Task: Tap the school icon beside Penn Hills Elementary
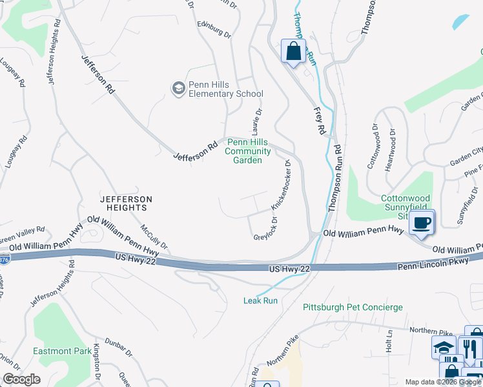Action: click(178, 87)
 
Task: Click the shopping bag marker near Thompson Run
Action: click(293, 51)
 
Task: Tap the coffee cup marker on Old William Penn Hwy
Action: click(422, 223)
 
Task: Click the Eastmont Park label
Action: click(62, 352)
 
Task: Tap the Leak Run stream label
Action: click(261, 301)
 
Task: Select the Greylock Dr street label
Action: click(269, 231)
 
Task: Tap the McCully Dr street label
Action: click(155, 236)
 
